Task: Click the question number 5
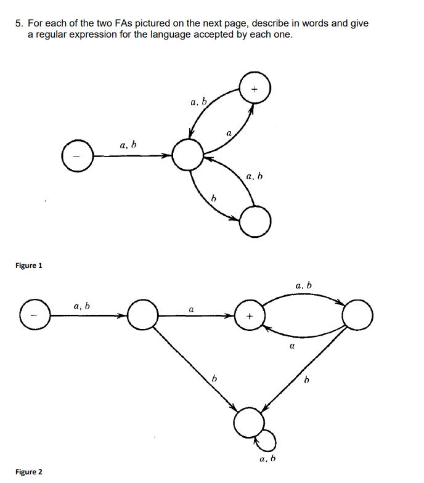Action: click(x=19, y=23)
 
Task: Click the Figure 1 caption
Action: click(x=29, y=266)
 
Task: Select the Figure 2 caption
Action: click(x=29, y=472)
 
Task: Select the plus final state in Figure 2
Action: click(x=250, y=316)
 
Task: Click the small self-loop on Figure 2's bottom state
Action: click(x=268, y=440)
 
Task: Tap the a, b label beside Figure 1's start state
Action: click(x=128, y=145)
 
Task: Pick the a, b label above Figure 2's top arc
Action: click(x=304, y=286)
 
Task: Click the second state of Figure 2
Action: click(x=142, y=316)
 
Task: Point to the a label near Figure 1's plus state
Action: click(x=229, y=132)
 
